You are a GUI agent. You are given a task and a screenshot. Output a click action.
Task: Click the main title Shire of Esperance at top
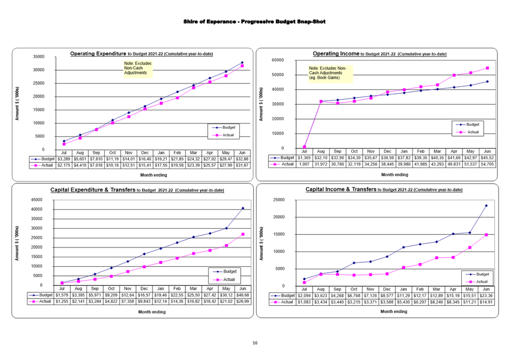click(x=254, y=21)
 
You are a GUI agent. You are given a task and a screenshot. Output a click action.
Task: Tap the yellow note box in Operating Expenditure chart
click(x=138, y=69)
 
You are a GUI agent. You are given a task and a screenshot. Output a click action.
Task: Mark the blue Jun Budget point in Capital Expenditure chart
click(x=242, y=209)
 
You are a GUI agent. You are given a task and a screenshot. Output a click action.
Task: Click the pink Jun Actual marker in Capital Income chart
click(x=486, y=235)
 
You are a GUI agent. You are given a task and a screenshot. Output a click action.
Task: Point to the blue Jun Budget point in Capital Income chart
click(x=486, y=205)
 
